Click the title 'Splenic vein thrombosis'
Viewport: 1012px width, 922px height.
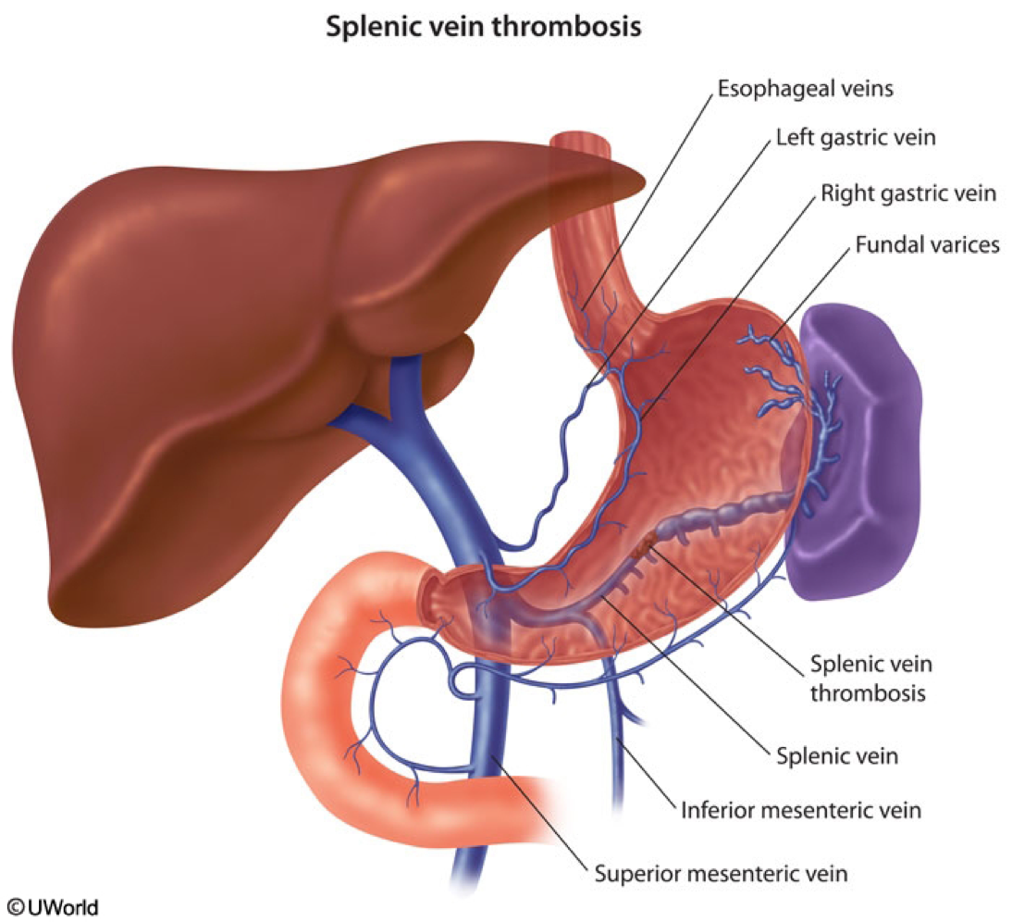[483, 28]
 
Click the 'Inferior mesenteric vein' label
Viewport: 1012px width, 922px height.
[801, 811]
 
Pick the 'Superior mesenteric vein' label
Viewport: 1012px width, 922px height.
[722, 871]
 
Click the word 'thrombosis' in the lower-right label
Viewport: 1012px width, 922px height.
[868, 693]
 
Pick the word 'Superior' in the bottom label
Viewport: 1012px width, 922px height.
[631, 871]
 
